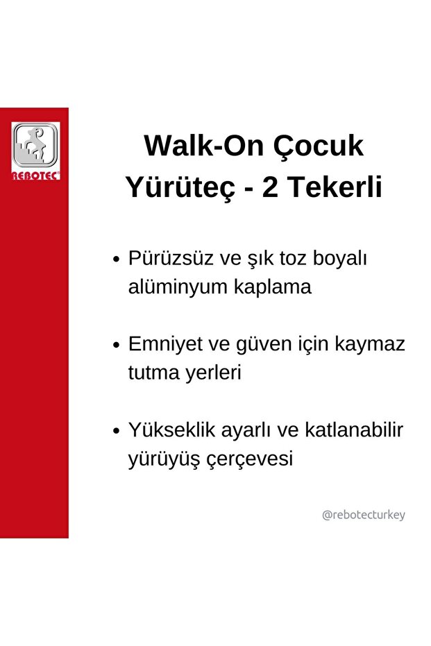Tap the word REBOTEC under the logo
tap(35, 176)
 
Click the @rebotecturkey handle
tap(364, 515)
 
